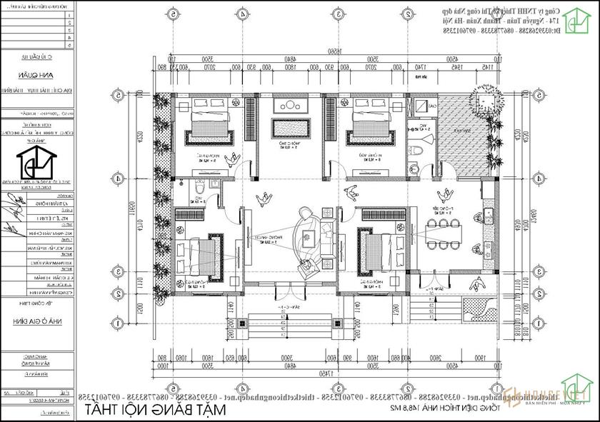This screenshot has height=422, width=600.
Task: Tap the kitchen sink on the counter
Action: pos(489,213)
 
